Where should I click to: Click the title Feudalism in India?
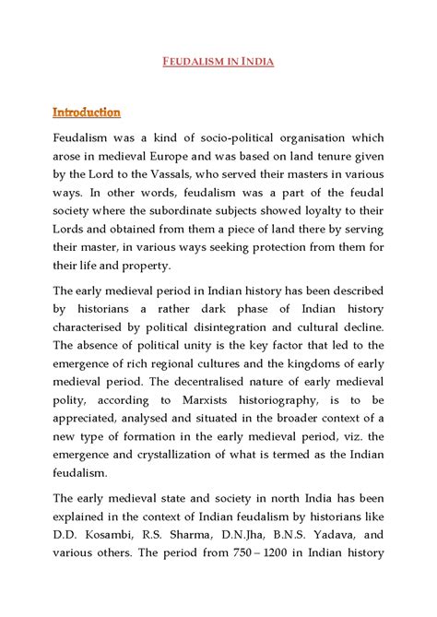[218, 63]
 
